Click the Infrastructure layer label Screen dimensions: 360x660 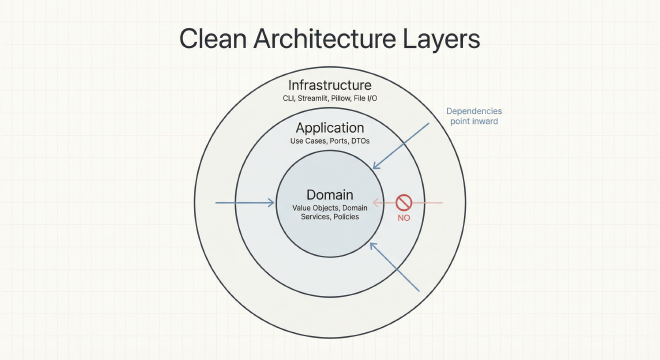tap(329, 85)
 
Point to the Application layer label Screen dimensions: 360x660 tap(330, 128)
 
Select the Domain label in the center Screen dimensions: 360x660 tap(330, 192)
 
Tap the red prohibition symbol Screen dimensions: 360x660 tap(405, 202)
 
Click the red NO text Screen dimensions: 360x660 tap(405, 219)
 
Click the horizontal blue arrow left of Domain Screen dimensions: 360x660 tap(245, 203)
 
